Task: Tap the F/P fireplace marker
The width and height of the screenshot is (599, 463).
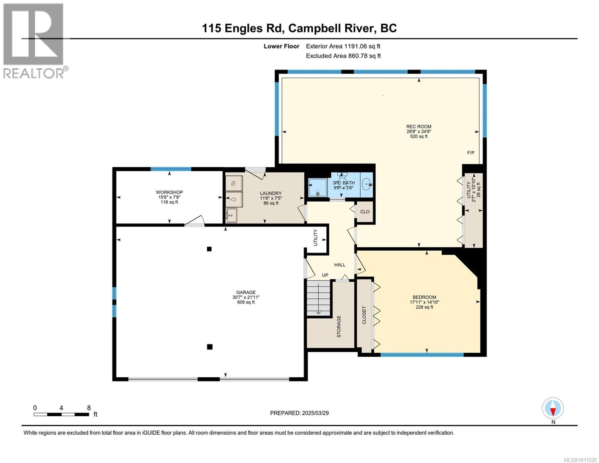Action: [x=471, y=152]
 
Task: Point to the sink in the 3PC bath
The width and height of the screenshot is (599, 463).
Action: [x=367, y=184]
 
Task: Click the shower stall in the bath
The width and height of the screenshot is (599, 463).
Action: [x=317, y=188]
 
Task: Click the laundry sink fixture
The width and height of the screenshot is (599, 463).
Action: [x=231, y=215]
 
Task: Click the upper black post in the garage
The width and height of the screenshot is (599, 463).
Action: [x=209, y=249]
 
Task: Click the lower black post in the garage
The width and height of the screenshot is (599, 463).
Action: [x=210, y=347]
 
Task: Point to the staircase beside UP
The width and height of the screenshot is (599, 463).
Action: [x=319, y=298]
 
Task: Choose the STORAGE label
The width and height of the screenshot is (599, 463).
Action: [x=339, y=326]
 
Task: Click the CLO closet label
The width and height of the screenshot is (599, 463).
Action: [x=365, y=212]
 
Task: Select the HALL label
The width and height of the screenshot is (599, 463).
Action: [x=339, y=265]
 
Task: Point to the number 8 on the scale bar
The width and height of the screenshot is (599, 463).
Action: [x=89, y=408]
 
